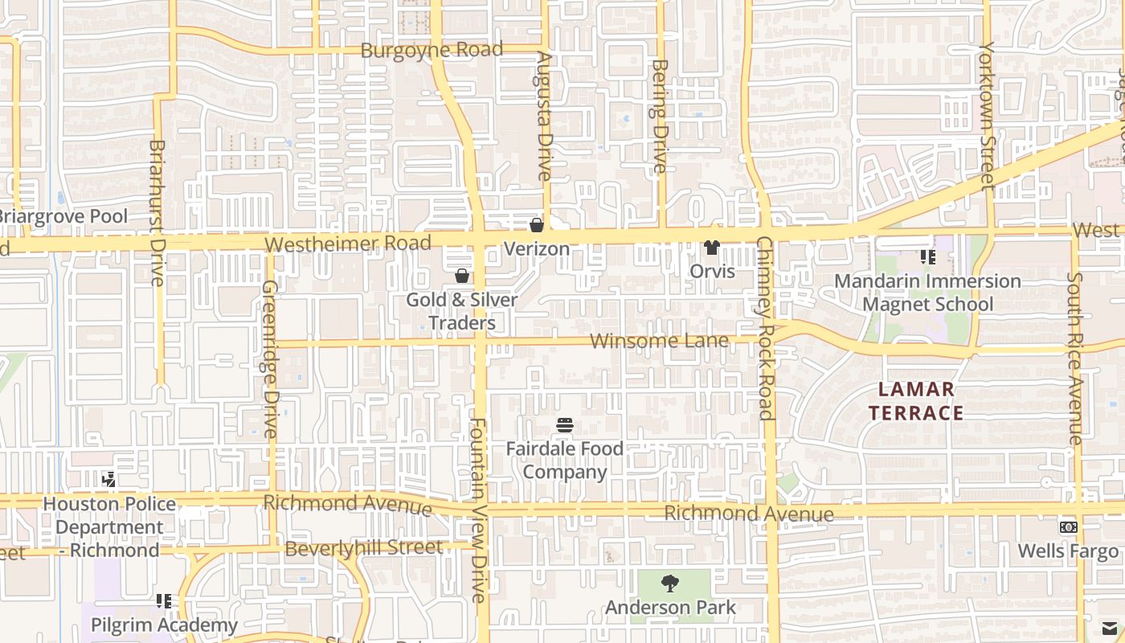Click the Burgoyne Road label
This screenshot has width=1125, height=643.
coord(432,50)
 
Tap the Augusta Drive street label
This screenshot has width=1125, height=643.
coord(544,117)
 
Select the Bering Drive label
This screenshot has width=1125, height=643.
coord(659,116)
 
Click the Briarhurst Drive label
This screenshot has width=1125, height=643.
coord(157,212)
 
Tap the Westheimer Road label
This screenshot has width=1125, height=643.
coord(348,243)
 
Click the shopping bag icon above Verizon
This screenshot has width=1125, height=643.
coord(537,225)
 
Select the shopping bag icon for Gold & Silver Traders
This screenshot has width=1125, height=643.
coord(462,276)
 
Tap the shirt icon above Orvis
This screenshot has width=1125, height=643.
coord(712,247)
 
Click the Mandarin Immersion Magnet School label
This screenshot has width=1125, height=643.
coord(927,293)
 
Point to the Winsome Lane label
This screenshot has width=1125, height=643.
coord(659,341)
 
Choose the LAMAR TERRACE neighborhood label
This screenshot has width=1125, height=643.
coord(920,401)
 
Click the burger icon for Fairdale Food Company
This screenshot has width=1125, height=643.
coord(565,424)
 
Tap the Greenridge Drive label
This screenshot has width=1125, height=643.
coord(270,358)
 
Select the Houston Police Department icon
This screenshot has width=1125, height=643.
coord(109,480)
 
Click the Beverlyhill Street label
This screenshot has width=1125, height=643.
coord(363,548)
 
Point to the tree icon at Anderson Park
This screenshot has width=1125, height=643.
coord(669,584)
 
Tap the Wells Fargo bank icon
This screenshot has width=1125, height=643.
coord(1068,527)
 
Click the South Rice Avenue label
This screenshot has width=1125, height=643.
coord(1075,358)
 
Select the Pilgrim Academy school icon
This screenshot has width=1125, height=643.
coord(164,600)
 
